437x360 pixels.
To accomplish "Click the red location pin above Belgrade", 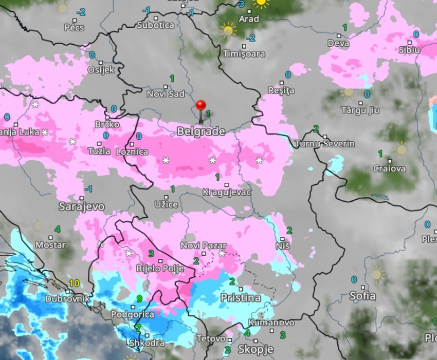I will [201, 106].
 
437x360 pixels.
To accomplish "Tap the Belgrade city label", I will [201, 132].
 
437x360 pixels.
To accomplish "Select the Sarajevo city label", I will [82, 207].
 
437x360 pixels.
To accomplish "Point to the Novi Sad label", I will [166, 94].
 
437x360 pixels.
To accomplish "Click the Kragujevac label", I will [227, 192].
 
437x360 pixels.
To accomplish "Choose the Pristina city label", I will [241, 298].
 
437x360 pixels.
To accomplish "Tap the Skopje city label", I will [256, 350].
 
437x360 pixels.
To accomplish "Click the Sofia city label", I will [362, 296].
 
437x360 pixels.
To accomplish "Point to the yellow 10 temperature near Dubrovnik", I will [74, 283].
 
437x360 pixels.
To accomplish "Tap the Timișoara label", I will [244, 54].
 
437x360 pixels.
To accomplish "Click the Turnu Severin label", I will [325, 144].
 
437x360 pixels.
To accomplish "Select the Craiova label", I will [389, 168].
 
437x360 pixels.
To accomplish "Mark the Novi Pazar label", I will [204, 246].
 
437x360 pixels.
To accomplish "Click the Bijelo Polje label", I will [160, 268].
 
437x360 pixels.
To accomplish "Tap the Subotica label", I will [155, 25].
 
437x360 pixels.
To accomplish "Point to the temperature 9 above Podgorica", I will [139, 298].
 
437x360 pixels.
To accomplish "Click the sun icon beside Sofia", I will [377, 274].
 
